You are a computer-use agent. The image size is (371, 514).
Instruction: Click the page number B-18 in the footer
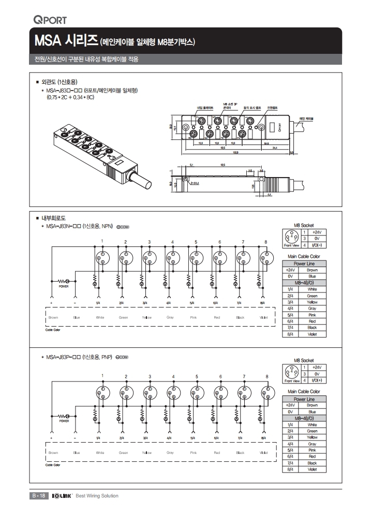(38, 496)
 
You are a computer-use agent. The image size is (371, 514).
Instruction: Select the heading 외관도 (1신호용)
(58, 82)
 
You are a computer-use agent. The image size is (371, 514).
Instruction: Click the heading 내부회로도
(53, 218)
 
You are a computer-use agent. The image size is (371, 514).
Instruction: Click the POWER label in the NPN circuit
(64, 286)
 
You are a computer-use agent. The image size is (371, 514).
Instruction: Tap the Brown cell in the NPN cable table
(312, 270)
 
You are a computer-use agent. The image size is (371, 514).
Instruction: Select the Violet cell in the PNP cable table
(312, 469)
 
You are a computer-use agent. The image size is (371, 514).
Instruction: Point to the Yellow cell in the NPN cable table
(312, 302)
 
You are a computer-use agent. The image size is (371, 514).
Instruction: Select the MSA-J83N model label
(64, 226)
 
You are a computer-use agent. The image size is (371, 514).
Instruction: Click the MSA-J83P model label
(64, 357)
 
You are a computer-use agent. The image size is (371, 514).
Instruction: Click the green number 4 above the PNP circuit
(173, 376)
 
